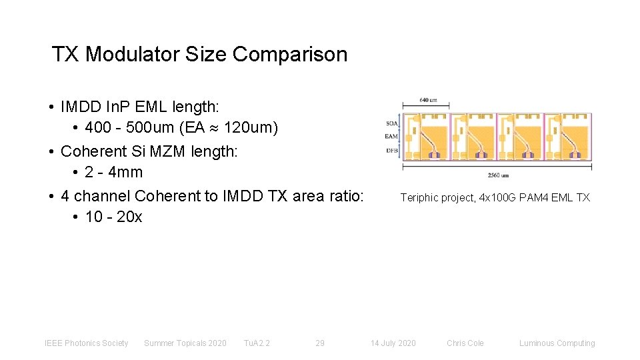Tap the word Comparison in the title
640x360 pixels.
click(290, 54)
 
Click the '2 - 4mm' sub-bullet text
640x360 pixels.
click(114, 172)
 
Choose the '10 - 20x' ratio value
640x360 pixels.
click(114, 217)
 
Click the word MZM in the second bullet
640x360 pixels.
click(169, 151)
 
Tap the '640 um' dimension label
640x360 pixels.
click(428, 101)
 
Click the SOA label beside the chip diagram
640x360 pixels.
click(392, 123)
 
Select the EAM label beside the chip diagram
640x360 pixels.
click(392, 136)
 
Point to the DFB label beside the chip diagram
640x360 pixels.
click(392, 150)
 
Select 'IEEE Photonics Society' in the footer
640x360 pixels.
click(86, 343)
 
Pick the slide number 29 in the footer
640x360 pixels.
click(320, 343)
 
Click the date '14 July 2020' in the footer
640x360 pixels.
click(393, 343)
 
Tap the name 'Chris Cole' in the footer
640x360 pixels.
click(465, 343)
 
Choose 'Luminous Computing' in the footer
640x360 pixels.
click(557, 343)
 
